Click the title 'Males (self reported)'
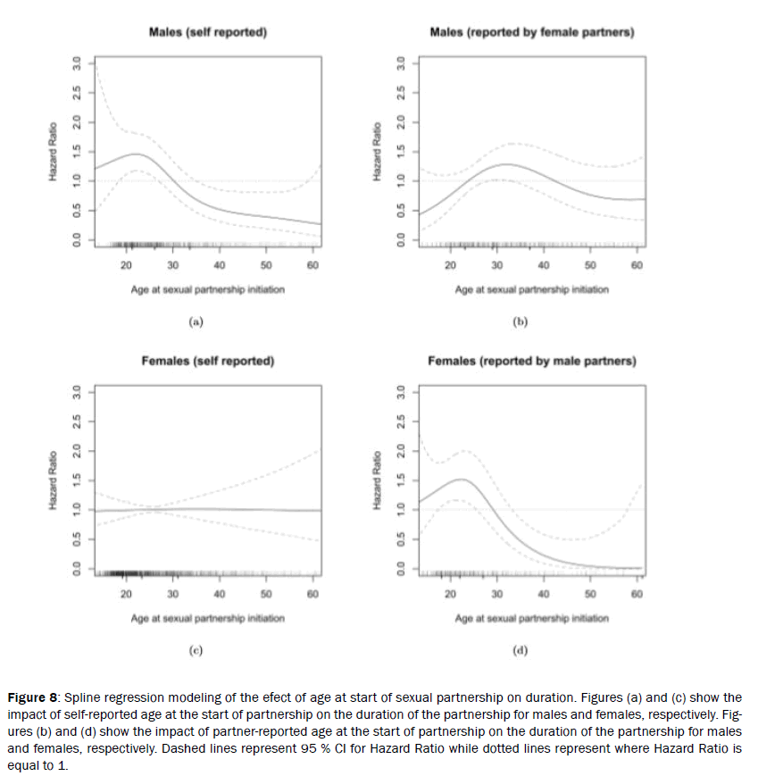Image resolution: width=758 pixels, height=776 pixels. (x=207, y=32)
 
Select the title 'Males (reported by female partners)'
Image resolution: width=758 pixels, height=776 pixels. (x=531, y=32)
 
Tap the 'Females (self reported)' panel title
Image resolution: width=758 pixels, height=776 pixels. (x=207, y=361)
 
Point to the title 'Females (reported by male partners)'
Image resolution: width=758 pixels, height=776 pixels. (x=531, y=361)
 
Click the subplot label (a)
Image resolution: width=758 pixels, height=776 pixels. (x=196, y=321)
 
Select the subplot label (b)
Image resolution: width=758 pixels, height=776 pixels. (x=521, y=321)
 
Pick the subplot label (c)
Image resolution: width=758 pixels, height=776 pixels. (x=196, y=650)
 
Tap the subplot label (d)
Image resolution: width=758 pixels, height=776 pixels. (x=521, y=650)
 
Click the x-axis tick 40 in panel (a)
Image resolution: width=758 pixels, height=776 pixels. (x=220, y=265)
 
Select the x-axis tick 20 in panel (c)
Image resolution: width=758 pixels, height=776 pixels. (x=126, y=594)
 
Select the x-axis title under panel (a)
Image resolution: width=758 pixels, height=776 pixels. (x=207, y=289)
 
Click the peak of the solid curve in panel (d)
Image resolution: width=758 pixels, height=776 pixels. (x=461, y=480)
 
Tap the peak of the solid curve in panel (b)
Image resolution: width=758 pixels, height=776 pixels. (x=508, y=164)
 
